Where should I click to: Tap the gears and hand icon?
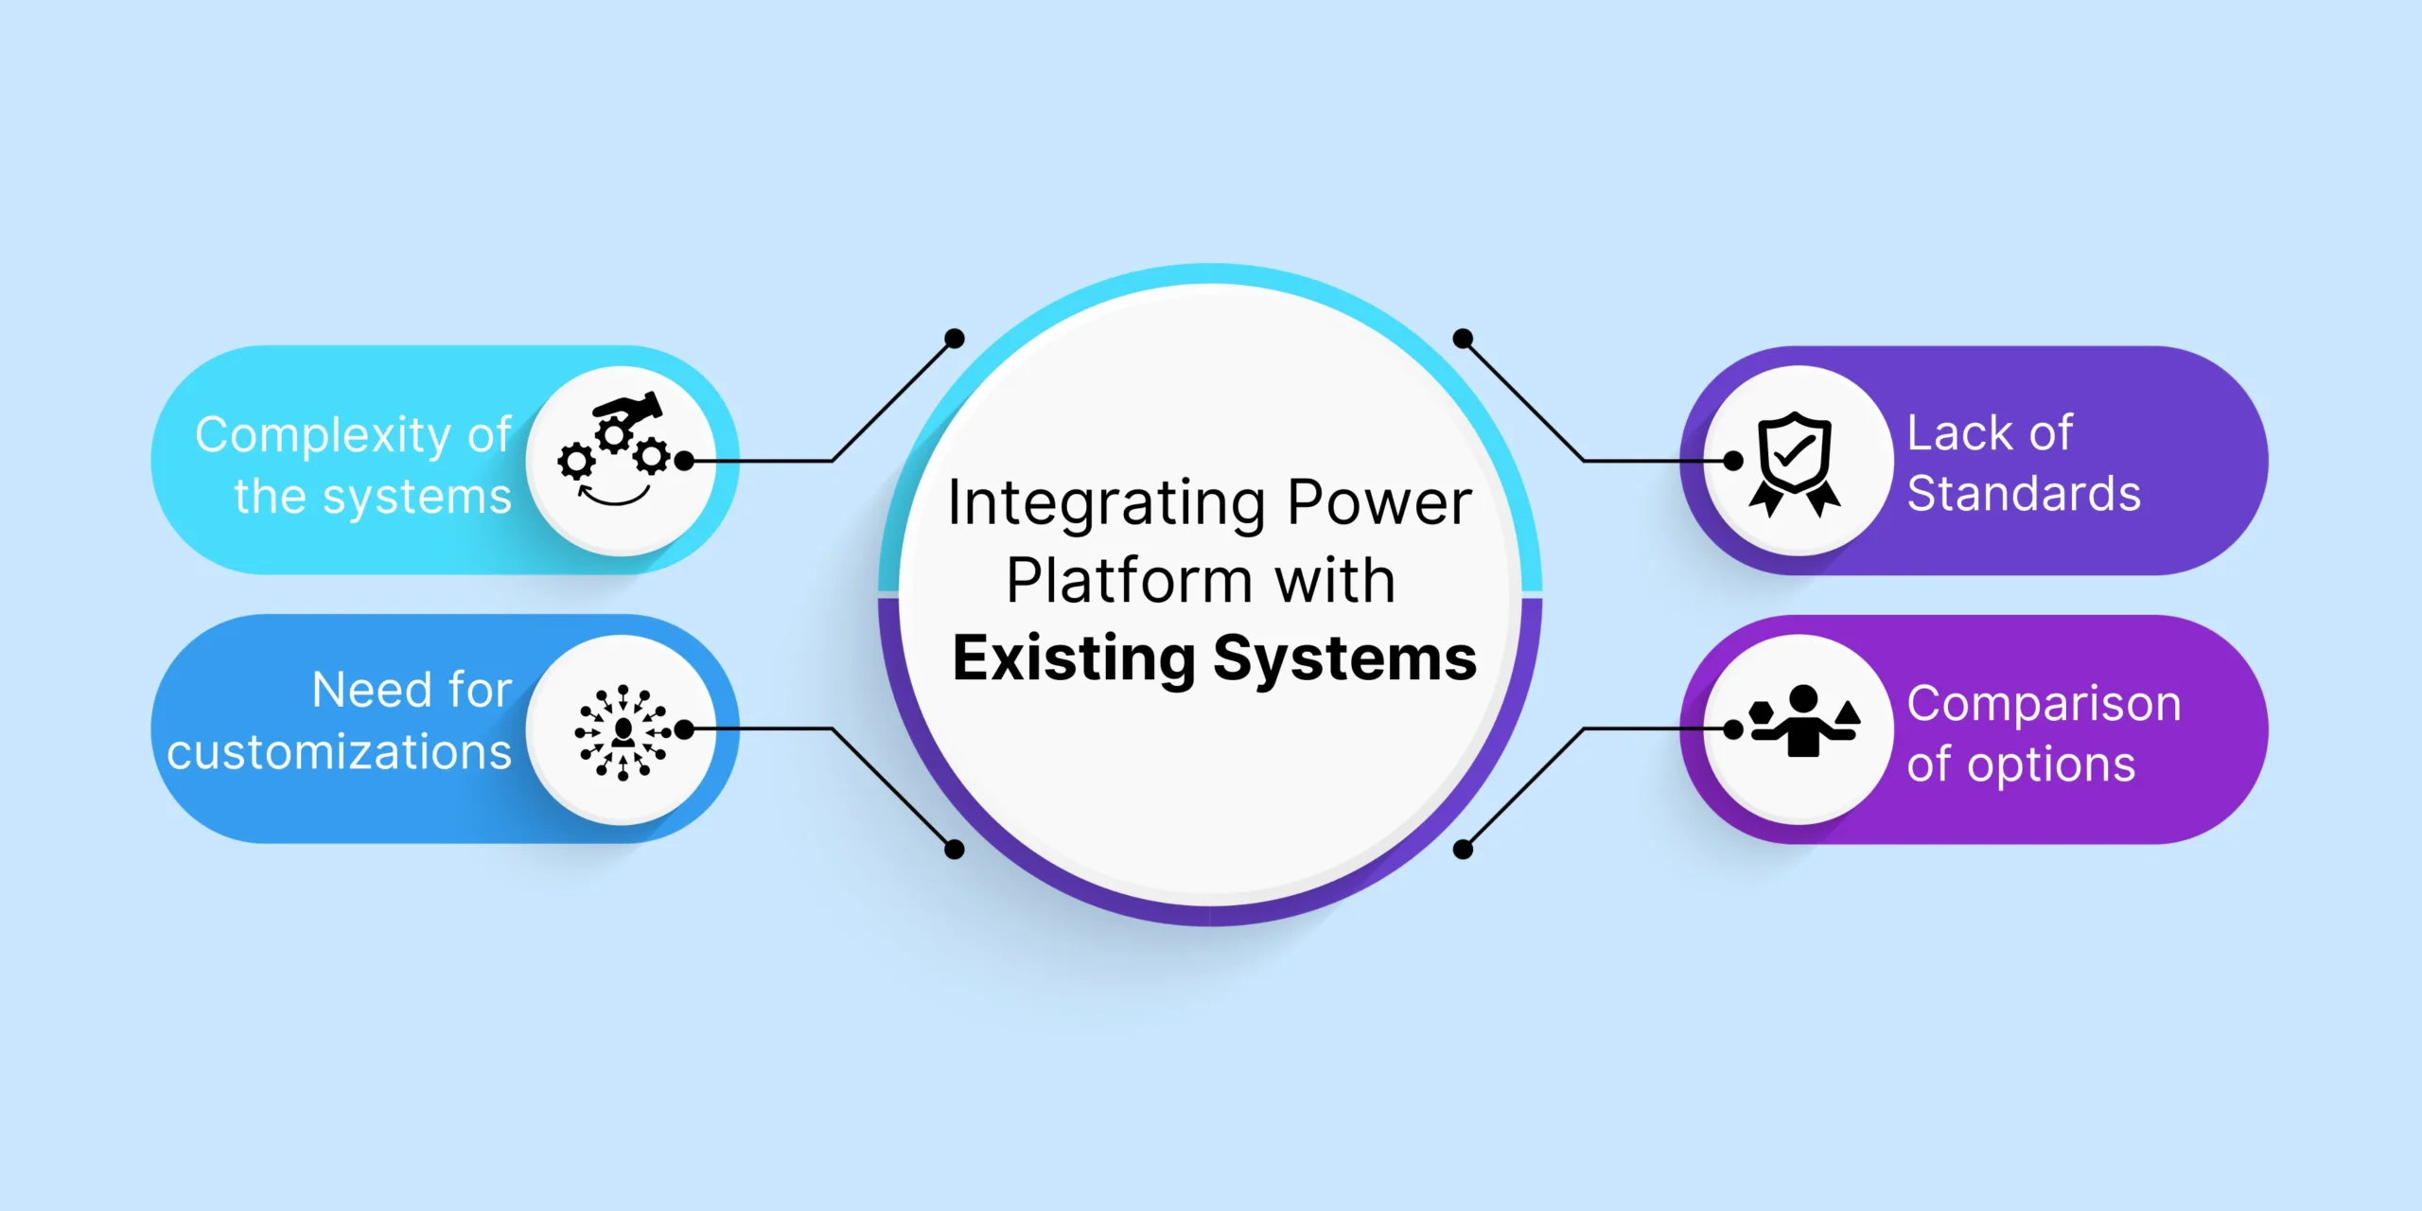(614, 449)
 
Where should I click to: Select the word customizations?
(340, 752)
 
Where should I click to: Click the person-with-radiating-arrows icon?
(623, 732)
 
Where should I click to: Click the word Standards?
(2024, 494)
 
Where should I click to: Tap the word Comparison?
(2045, 705)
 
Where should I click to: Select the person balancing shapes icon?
(1804, 721)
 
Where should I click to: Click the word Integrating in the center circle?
(1106, 503)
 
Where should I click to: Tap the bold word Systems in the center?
(1344, 658)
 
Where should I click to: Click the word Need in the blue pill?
(373, 690)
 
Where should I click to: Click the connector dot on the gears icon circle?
(684, 461)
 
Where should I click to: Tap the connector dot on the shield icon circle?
(1733, 461)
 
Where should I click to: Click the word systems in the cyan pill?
(416, 497)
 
